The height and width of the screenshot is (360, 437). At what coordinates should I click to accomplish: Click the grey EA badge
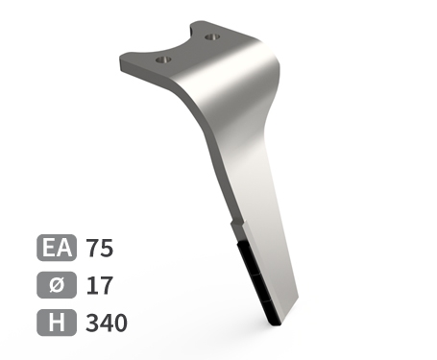[57, 248]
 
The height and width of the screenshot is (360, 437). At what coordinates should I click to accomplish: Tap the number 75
[100, 248]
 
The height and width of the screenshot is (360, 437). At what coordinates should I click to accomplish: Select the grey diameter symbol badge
[57, 285]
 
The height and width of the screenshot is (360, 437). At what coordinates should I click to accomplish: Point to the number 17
[100, 285]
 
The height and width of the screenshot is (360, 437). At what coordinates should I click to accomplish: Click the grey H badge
[57, 323]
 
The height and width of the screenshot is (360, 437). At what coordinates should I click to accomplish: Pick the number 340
[107, 323]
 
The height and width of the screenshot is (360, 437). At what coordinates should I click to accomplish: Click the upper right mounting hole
[212, 37]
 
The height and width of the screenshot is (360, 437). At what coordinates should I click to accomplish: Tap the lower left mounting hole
[163, 60]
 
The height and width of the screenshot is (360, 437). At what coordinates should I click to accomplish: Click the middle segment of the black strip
[260, 287]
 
